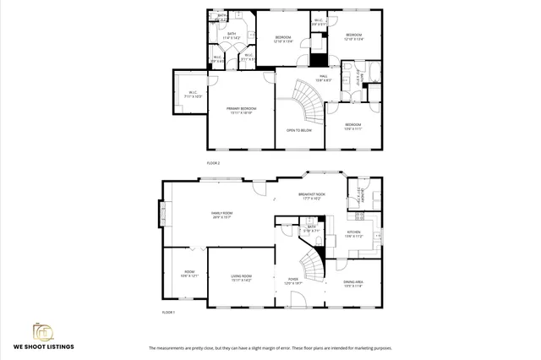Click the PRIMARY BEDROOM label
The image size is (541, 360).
tap(241, 110)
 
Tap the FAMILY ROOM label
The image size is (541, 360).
tap(221, 215)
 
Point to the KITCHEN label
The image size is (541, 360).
tap(353, 233)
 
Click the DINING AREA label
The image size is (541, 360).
tap(353, 283)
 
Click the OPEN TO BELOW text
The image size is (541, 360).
tap(298, 131)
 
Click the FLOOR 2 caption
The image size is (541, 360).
tap(213, 162)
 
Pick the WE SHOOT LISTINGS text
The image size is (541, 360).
tap(42, 346)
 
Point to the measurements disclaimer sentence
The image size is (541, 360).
tap(270, 348)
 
